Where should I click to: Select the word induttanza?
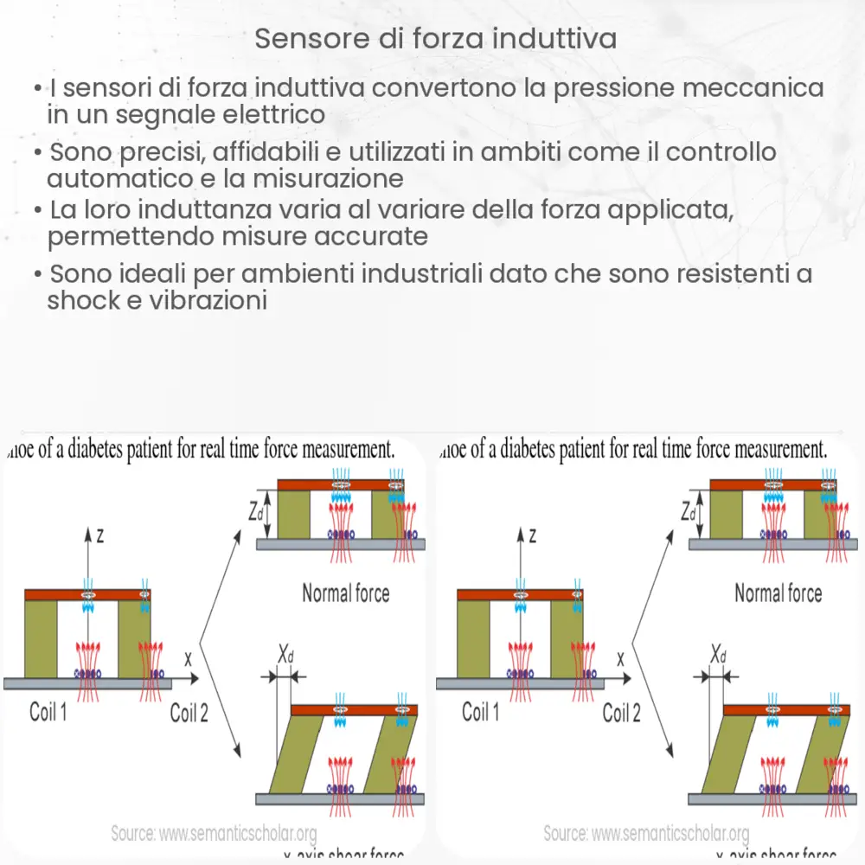click(x=196, y=210)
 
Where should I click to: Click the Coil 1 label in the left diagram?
click(x=48, y=712)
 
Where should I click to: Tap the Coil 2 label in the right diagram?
click(x=621, y=712)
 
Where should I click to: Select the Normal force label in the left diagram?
click(x=345, y=593)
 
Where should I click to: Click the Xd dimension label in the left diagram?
click(x=286, y=655)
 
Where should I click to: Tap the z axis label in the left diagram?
click(x=100, y=536)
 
